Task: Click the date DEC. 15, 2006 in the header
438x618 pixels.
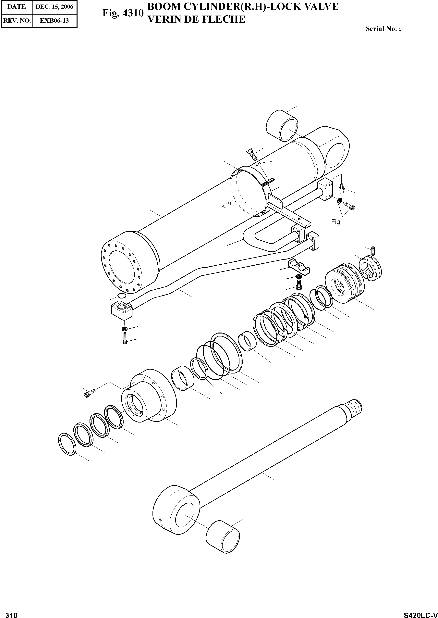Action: point(55,7)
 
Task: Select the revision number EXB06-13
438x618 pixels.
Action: point(55,20)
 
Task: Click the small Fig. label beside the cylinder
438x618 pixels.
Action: point(336,222)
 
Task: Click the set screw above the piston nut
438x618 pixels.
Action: point(373,251)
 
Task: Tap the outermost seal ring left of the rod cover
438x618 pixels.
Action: point(67,445)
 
